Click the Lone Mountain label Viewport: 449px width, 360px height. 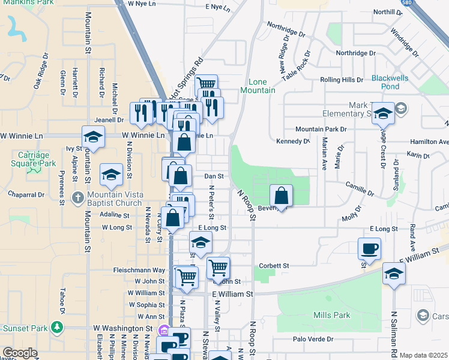(262, 86)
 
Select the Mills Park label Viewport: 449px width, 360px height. (331, 315)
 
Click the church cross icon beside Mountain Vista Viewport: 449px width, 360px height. (78, 198)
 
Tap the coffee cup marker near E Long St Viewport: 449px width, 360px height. (370, 248)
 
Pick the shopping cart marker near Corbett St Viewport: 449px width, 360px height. (218, 268)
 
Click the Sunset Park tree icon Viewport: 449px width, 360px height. (57, 328)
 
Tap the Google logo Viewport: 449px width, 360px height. (20, 353)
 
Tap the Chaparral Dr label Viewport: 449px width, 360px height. (26, 195)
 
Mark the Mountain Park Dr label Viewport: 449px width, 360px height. (321, 129)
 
